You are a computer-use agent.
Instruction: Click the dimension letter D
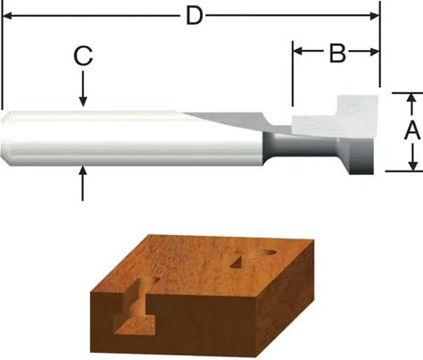195,16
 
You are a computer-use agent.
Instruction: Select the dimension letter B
338,53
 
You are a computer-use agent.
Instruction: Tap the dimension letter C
83,55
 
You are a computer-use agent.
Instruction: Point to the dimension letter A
412,131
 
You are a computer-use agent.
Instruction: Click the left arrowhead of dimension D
7,16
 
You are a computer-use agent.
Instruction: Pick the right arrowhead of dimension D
375,16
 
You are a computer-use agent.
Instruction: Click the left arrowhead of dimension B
298,52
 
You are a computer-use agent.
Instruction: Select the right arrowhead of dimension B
374,52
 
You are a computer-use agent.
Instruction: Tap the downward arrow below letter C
83,88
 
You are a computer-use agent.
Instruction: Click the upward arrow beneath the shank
83,183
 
